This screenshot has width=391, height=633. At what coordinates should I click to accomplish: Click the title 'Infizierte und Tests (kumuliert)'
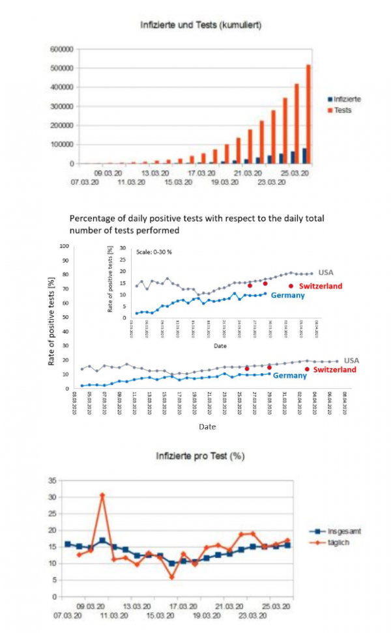201,25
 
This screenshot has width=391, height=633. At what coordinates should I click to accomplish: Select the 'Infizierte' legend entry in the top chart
347,99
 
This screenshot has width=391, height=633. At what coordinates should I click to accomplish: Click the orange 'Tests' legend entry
342,110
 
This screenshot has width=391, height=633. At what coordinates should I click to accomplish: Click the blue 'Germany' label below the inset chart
287,296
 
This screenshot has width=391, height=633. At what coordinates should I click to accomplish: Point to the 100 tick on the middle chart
64,246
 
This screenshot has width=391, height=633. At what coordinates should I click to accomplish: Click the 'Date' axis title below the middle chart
207,427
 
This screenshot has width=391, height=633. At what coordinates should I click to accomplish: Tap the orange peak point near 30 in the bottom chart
102,496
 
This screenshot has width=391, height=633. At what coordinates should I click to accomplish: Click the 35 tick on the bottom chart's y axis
52,481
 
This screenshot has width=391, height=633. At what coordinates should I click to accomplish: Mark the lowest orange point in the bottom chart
172,577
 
